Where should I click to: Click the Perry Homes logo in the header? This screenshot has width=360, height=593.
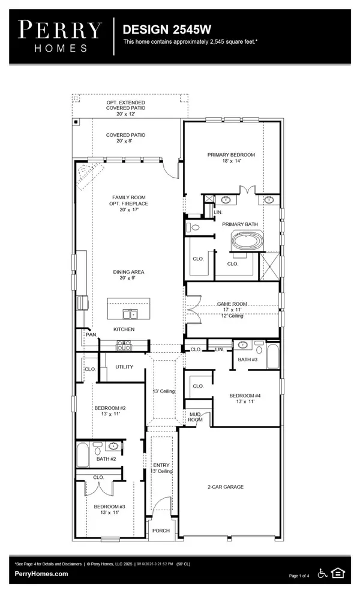click(59, 36)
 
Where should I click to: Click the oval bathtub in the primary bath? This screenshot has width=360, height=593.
click(247, 242)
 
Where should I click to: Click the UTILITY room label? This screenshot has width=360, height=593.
click(124, 367)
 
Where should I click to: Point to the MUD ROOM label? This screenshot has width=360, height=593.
click(195, 417)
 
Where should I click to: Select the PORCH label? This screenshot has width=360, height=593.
click(161, 531)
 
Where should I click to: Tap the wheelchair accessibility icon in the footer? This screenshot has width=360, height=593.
click(323, 573)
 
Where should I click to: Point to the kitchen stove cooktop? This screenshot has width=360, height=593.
click(124, 345)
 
